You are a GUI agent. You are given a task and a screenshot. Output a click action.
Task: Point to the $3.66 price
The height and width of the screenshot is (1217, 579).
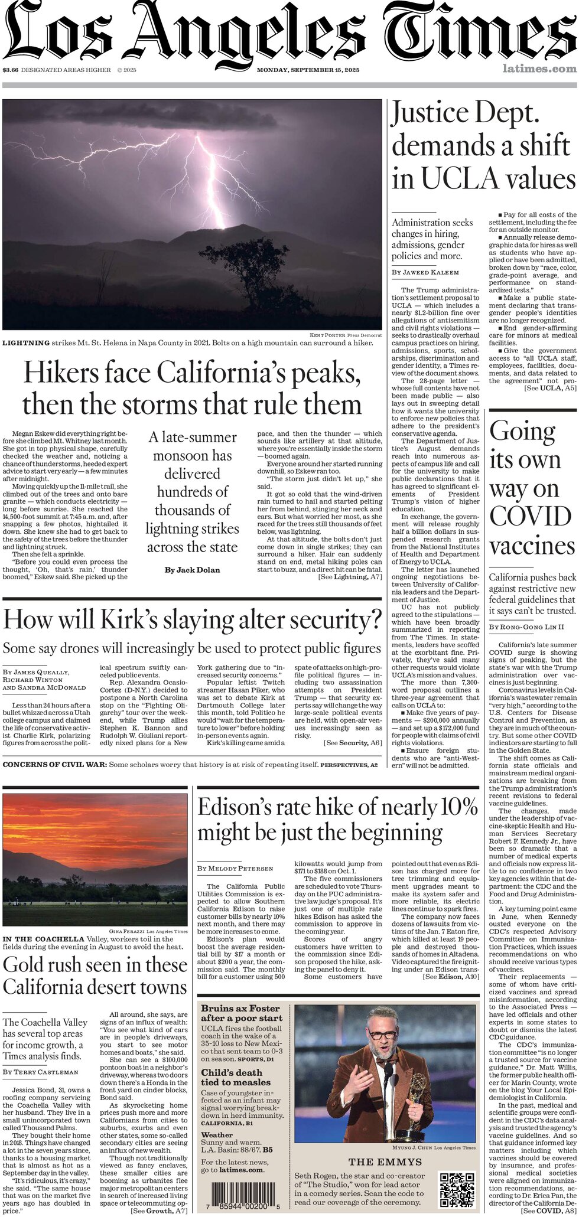tap(11, 70)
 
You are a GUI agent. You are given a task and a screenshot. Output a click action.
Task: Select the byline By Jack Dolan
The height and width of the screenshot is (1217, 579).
tap(192, 570)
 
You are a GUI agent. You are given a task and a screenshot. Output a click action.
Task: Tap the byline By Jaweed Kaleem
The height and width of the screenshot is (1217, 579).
tap(425, 272)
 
